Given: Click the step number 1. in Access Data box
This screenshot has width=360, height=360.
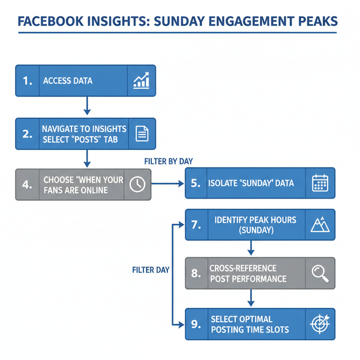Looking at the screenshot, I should [x=28, y=81].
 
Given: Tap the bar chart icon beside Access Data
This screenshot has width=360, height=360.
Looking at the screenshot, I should [x=142, y=81].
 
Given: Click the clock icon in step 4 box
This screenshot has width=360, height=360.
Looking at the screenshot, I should [x=137, y=184].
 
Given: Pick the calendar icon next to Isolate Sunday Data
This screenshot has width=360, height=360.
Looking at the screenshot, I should [x=320, y=183].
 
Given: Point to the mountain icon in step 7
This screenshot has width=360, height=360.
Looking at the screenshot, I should [x=319, y=225].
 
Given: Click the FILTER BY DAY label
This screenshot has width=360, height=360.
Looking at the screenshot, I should [x=169, y=161].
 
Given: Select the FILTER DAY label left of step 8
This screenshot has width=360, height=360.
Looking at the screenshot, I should [x=151, y=270].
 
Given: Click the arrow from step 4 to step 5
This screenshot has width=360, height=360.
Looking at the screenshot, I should [x=169, y=183].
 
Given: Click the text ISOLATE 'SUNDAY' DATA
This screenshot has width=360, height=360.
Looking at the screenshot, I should [x=251, y=183].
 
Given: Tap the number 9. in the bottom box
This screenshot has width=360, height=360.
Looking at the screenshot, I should [x=196, y=324].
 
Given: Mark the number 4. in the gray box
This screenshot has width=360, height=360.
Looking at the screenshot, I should [x=28, y=184].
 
